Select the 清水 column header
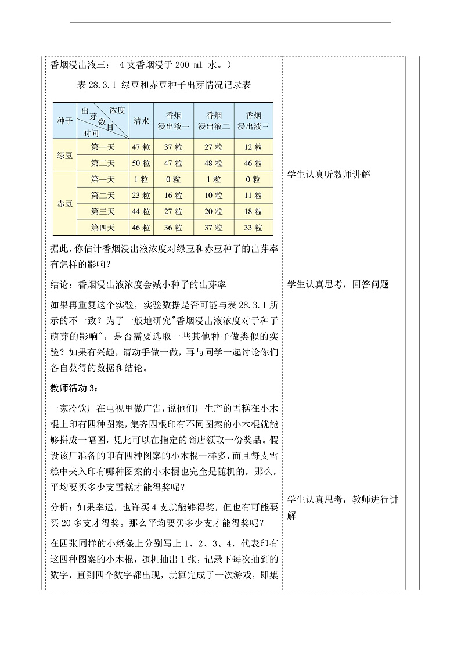pos(141,121)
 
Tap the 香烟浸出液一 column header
pos(174,121)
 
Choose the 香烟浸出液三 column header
pos(253,121)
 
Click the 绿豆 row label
pos(64,156)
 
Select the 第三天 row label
pos(103,212)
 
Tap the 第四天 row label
pos(103,228)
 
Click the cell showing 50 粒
pos(141,164)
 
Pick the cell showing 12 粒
pos(253,147)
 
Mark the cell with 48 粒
pos(214,164)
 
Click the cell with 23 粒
pos(141,196)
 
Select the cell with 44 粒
pos(141,212)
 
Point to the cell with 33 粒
pos(253,228)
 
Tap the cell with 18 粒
pos(253,212)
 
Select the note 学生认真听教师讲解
pos(329,175)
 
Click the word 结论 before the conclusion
pos(60,284)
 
